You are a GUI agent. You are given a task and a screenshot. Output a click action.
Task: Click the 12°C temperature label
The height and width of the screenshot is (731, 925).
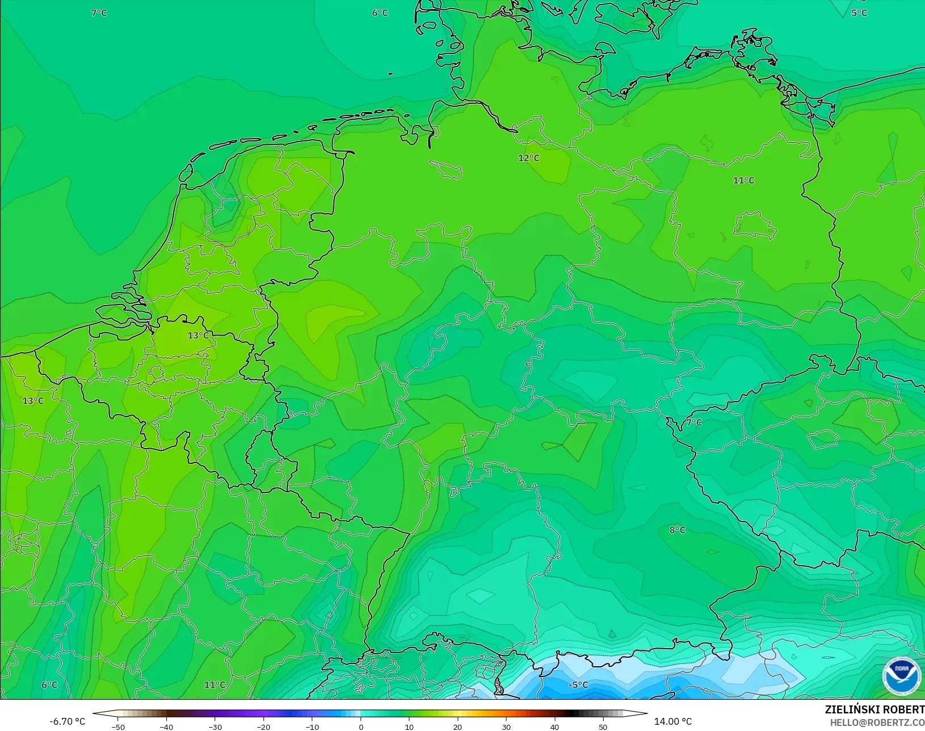click(x=529, y=158)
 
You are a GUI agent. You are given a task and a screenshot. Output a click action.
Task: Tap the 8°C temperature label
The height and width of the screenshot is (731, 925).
click(x=677, y=530)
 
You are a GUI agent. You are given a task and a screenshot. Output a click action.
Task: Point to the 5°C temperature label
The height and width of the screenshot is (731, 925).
click(x=859, y=12)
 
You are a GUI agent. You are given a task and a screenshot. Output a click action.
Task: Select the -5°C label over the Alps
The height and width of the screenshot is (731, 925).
click(x=578, y=685)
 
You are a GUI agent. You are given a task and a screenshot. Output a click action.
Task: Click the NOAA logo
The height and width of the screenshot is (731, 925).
click(x=901, y=676)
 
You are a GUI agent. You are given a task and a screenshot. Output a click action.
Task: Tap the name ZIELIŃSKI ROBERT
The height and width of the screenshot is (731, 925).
click(x=874, y=709)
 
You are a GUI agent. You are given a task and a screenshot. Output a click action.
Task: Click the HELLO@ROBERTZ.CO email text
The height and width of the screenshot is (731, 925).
click(x=877, y=722)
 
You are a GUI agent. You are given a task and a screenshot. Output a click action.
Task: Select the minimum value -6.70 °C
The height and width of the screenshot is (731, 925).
click(x=67, y=721)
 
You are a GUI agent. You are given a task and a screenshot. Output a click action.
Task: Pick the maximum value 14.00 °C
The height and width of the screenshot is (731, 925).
click(x=673, y=721)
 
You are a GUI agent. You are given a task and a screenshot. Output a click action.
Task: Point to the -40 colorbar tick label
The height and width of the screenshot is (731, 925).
click(x=166, y=726)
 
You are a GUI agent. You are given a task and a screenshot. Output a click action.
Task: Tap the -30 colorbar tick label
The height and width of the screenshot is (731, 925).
click(x=215, y=726)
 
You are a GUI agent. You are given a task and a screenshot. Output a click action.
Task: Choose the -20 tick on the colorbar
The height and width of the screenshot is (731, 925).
click(x=263, y=726)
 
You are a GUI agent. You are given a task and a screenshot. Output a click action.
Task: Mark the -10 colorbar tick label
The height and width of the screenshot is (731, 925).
click(x=312, y=726)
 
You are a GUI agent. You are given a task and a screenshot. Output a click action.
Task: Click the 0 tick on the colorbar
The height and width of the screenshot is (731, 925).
click(x=361, y=726)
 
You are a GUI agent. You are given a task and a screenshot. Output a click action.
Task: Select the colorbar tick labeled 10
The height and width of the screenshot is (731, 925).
click(x=409, y=726)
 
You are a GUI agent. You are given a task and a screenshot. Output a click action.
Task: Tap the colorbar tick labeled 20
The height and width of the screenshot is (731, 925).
click(x=458, y=726)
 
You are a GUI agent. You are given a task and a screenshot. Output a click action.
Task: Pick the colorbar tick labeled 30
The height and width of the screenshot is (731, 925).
click(x=507, y=726)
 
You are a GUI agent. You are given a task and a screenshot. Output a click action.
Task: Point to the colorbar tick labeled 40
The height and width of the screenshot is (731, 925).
click(x=555, y=726)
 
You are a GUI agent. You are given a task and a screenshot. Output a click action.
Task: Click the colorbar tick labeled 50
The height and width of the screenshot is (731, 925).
click(x=603, y=726)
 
